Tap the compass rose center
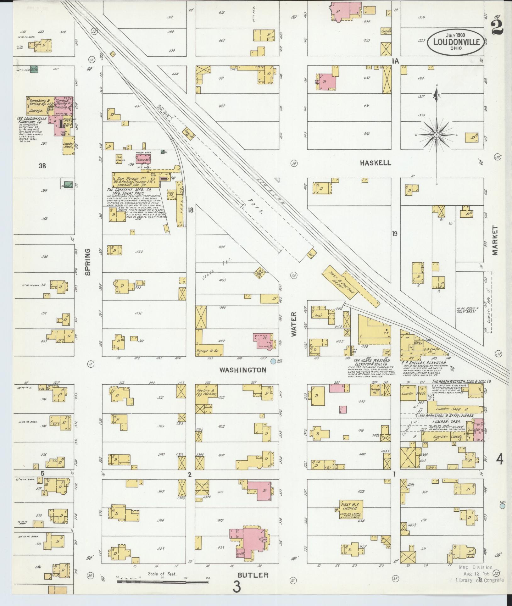coord(437,135)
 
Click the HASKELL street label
coord(376,163)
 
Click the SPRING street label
coord(88,262)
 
